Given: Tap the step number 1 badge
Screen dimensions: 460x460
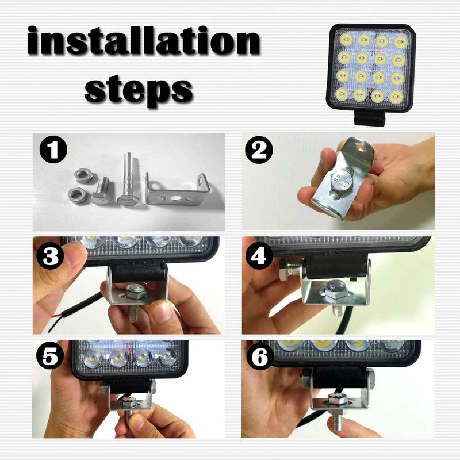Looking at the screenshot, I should click(x=53, y=151).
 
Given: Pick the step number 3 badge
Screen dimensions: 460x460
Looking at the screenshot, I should click(x=51, y=256).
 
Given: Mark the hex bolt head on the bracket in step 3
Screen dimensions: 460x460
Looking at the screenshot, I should click(x=136, y=292).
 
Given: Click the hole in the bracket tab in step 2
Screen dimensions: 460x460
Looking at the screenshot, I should click(x=361, y=147).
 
